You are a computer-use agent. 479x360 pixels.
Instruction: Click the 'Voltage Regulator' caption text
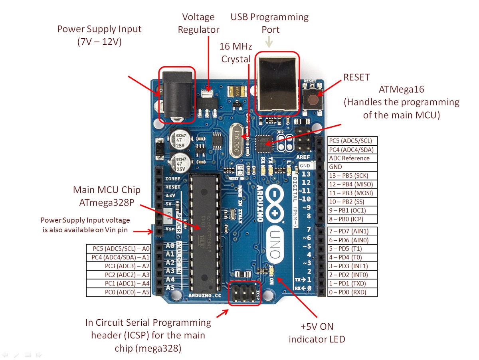click(x=198, y=24)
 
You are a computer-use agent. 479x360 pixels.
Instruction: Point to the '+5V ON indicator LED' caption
click(x=317, y=333)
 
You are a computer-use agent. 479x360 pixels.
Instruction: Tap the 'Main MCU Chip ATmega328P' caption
click(x=107, y=196)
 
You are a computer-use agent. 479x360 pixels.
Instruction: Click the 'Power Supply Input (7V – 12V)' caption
click(x=99, y=35)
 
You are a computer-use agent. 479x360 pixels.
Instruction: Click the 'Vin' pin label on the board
click(x=170, y=229)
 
